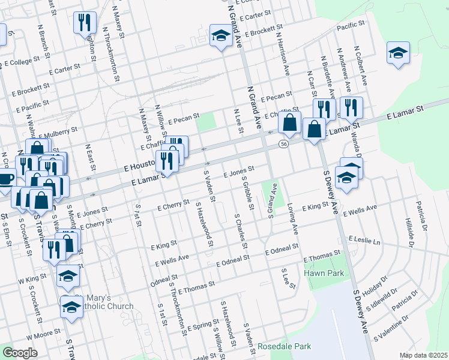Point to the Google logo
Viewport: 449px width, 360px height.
tap(20, 352)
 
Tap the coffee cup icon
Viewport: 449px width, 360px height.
tap(5, 178)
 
